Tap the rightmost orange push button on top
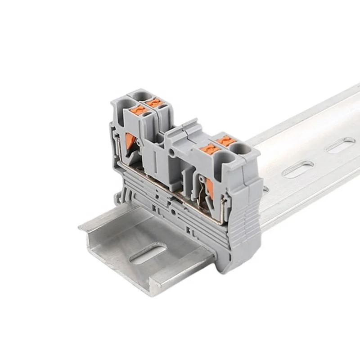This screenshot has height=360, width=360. pyautogui.click(x=226, y=141)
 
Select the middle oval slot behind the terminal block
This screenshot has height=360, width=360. pyautogui.click(x=297, y=169)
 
